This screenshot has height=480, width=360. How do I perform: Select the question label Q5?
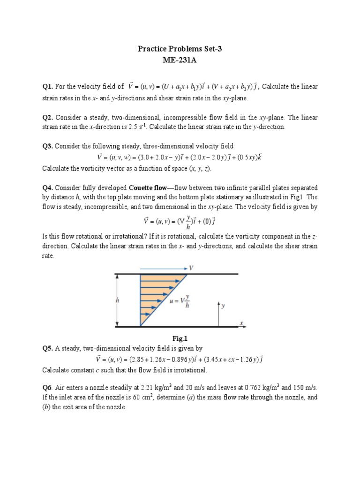(x=48, y=348)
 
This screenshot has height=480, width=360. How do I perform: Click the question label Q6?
(x=48, y=388)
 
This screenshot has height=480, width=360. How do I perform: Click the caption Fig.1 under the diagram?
(x=180, y=337)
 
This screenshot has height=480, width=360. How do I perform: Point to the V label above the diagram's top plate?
(x=191, y=268)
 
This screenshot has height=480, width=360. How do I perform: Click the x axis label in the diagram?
(x=241, y=322)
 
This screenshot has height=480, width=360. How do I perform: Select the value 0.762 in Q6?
(x=247, y=388)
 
